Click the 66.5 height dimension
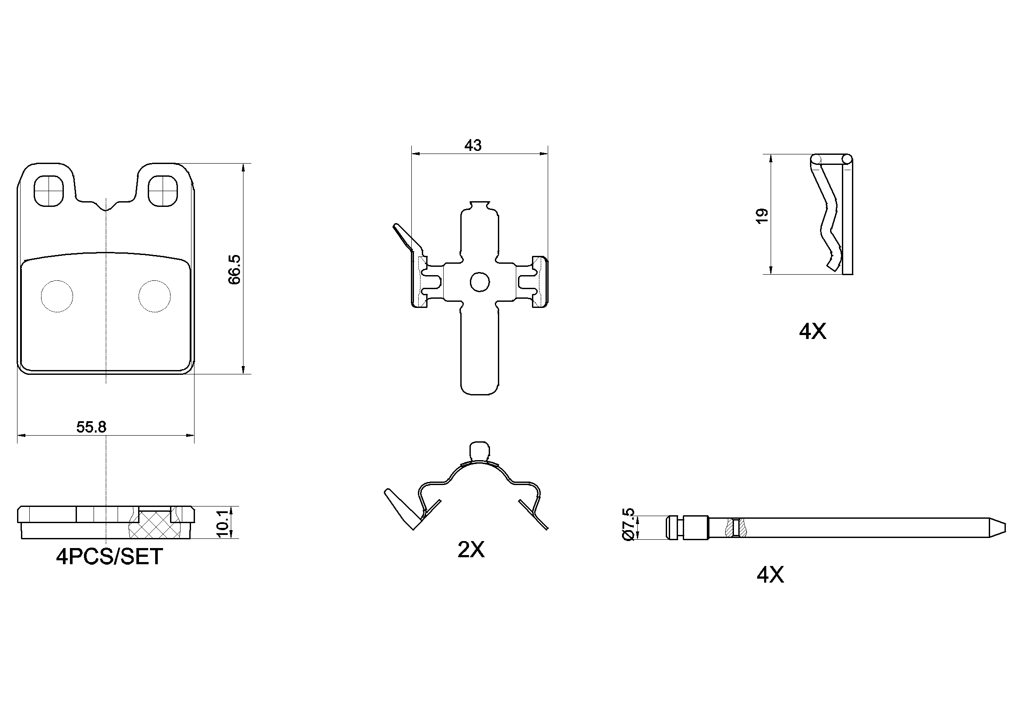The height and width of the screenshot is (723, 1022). [234, 269]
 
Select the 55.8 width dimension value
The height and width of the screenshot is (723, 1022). [91, 427]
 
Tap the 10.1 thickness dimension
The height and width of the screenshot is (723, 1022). [223, 523]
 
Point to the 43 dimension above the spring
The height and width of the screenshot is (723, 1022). [473, 145]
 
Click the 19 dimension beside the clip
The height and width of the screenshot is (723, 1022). [761, 216]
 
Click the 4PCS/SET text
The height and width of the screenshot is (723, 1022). [109, 557]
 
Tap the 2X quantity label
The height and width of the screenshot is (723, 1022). [470, 550]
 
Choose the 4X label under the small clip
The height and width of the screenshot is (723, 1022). [812, 332]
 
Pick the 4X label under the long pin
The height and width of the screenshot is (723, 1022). [770, 575]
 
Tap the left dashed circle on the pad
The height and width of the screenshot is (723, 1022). [56, 296]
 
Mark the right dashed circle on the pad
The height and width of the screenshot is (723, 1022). [154, 296]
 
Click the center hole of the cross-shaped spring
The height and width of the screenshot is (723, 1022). [480, 282]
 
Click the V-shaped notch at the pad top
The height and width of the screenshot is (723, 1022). [106, 206]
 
